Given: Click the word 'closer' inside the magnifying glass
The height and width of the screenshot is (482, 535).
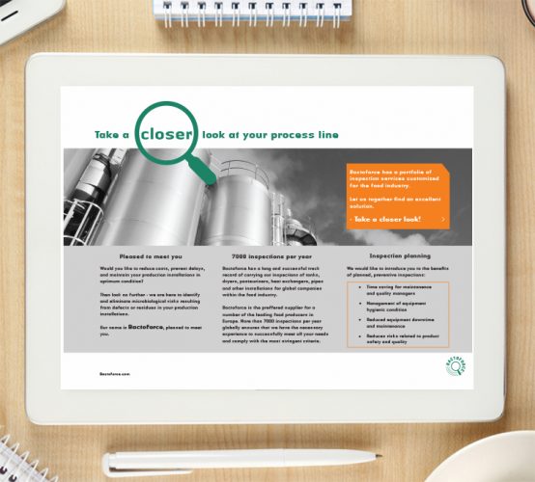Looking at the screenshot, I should click(x=167, y=136).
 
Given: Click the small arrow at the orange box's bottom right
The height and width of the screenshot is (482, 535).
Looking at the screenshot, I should click(x=442, y=220).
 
